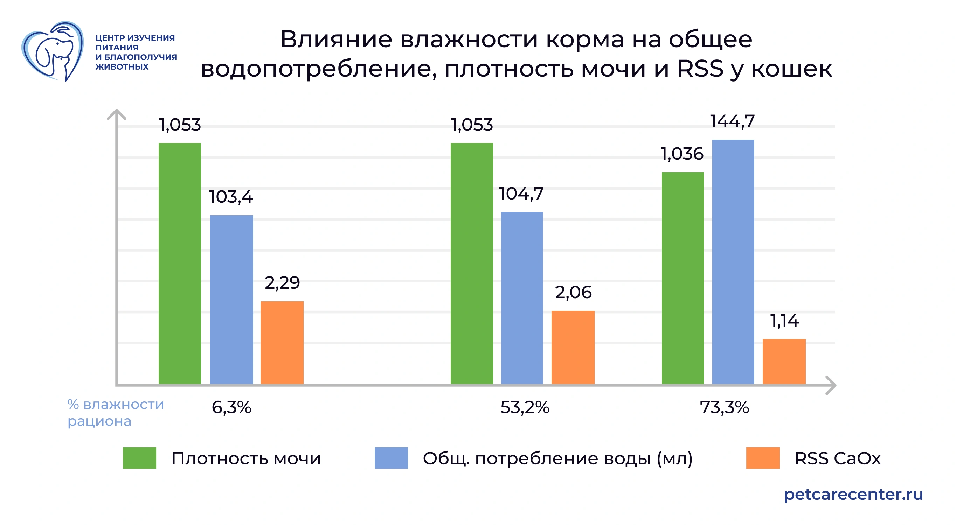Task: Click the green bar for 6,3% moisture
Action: tap(180, 264)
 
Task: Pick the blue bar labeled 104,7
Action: tap(522, 298)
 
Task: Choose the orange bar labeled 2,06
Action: tap(573, 347)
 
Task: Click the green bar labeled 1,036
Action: tap(683, 278)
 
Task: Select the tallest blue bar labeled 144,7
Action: tap(733, 261)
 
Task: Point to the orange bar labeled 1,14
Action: tap(784, 362)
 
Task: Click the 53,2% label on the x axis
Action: tap(524, 407)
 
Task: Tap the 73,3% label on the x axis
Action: tap(724, 407)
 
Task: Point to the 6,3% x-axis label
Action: tap(231, 407)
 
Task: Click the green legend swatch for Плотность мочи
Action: tap(139, 458)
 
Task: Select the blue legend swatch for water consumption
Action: tap(391, 458)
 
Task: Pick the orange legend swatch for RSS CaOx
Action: tap(762, 458)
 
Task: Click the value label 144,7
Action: tap(732, 121)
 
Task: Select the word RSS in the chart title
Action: tap(700, 69)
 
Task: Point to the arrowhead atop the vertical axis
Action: tap(117, 113)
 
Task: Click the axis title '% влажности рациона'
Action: tap(115, 413)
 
